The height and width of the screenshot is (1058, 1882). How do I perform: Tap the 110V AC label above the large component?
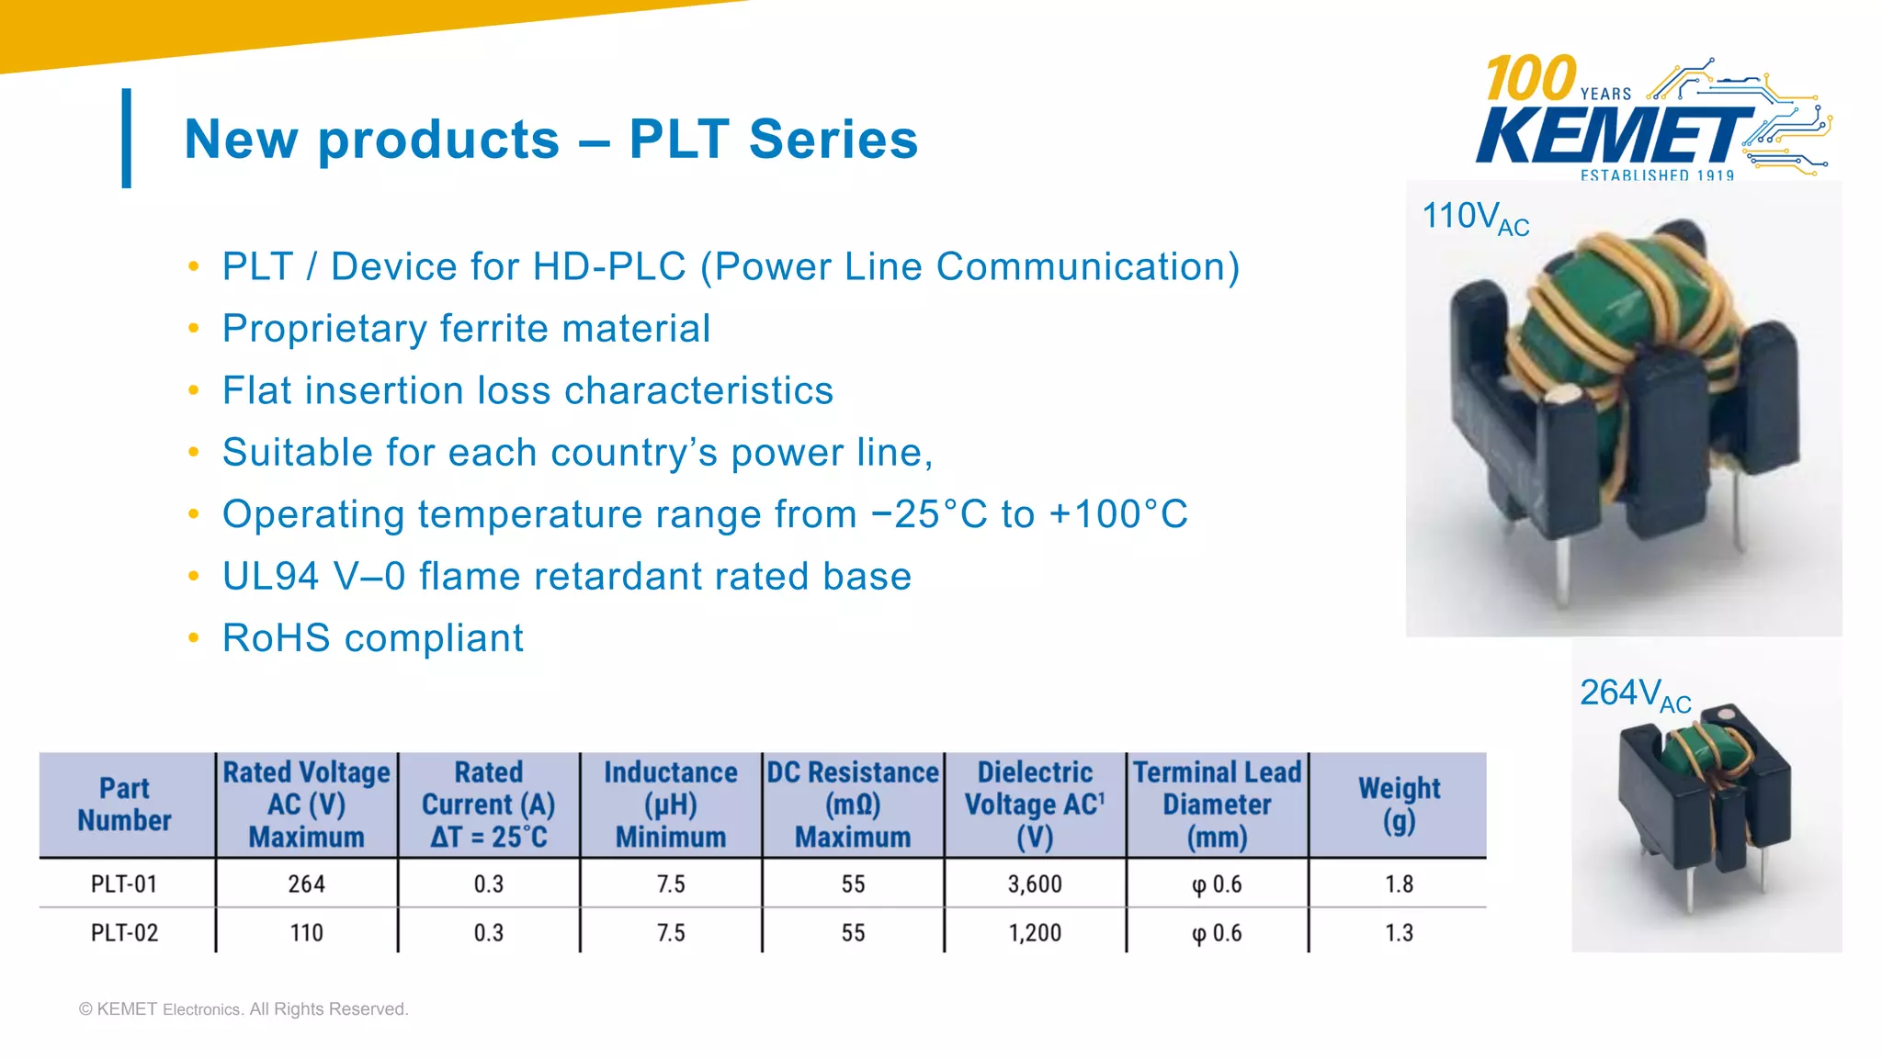pyautogui.click(x=1474, y=219)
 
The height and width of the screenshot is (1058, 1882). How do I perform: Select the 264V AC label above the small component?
pyautogui.click(x=1634, y=695)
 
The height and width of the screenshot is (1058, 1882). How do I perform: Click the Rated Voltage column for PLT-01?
pyautogui.click(x=306, y=884)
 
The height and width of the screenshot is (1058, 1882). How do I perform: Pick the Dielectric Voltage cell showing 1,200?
pyautogui.click(x=1035, y=933)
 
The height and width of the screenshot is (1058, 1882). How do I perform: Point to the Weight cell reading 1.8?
pyautogui.click(x=1399, y=884)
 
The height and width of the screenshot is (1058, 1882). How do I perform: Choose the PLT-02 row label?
pyautogui.click(x=124, y=933)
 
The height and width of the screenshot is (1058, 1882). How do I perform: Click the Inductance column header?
pyautogui.click(x=671, y=805)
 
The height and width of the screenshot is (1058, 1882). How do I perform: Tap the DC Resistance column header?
pyautogui.click(x=853, y=805)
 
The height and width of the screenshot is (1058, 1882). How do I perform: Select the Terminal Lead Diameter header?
pyautogui.click(x=1217, y=805)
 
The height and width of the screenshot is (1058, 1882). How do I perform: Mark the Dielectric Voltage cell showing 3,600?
pyautogui.click(x=1035, y=884)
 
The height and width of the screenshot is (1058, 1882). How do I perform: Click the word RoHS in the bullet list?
pyautogui.click(x=276, y=638)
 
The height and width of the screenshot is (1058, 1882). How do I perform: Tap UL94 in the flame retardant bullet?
pyautogui.click(x=271, y=577)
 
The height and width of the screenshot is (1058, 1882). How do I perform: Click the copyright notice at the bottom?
pyautogui.click(x=244, y=1008)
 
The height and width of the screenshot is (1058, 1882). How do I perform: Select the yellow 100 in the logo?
pyautogui.click(x=1530, y=78)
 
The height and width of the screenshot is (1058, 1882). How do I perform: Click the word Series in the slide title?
pyautogui.click(x=833, y=140)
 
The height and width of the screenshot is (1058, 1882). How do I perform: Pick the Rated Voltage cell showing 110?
pyautogui.click(x=306, y=933)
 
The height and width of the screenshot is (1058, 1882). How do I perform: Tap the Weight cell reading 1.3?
pyautogui.click(x=1399, y=933)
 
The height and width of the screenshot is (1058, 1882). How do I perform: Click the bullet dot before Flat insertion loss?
pyautogui.click(x=193, y=390)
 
